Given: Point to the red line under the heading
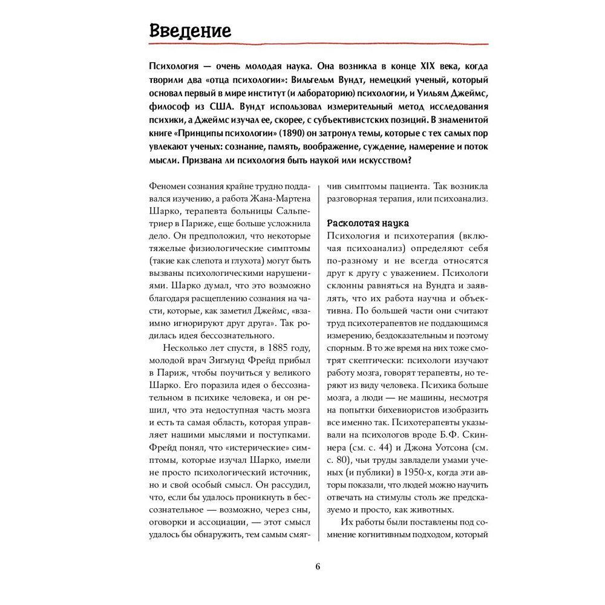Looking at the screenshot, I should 318,44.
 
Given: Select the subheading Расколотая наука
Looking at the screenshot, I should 368,223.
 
